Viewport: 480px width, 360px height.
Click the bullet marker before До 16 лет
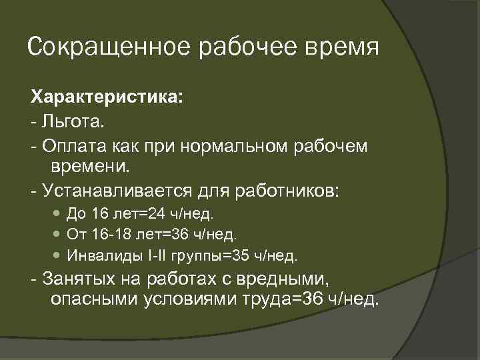[x=55, y=215]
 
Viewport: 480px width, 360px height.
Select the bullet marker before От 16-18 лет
[x=55, y=235]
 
